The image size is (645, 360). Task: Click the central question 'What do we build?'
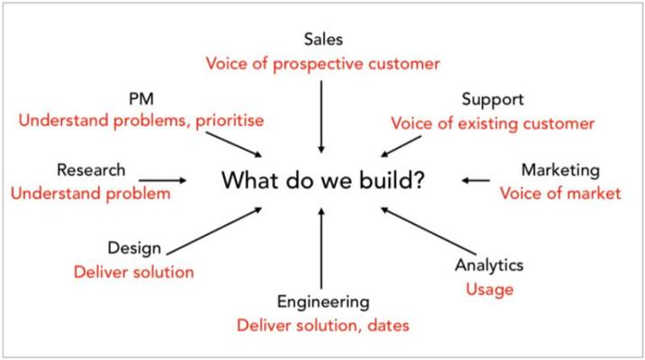323,180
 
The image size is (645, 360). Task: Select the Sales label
323,39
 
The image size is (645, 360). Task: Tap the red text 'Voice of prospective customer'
323,64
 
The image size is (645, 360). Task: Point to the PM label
141,99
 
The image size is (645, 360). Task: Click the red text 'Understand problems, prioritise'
141,121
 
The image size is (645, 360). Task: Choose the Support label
492,100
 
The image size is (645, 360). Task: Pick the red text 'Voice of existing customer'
492,123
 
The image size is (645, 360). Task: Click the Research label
91,170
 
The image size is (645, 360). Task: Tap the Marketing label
560,170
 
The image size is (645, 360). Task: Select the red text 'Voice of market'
560,193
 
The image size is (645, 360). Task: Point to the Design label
134,248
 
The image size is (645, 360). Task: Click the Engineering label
323,302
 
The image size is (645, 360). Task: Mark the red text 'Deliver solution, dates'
323,326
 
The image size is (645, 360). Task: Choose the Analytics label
489,265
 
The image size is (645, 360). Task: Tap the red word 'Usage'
489,289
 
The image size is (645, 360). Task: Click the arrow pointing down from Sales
321,117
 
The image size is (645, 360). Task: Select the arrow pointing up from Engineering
321,248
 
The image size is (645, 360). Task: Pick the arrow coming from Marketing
476,180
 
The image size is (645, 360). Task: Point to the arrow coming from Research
163,180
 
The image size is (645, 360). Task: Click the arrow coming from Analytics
428,231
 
